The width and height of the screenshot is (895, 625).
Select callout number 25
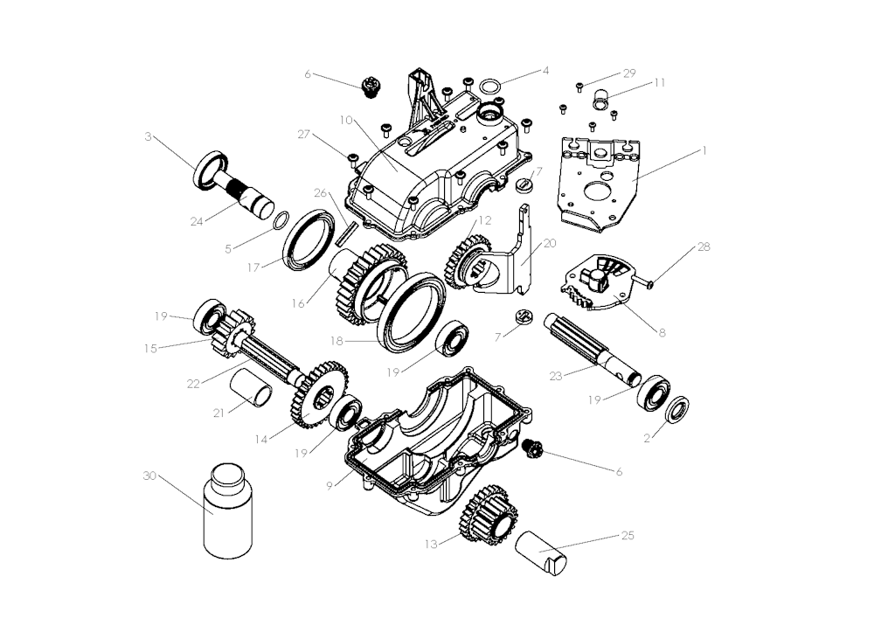pyautogui.click(x=628, y=535)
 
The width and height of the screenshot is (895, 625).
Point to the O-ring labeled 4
pyautogui.click(x=491, y=87)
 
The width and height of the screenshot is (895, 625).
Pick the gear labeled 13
pyautogui.click(x=489, y=515)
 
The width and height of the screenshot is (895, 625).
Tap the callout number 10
pyautogui.click(x=346, y=121)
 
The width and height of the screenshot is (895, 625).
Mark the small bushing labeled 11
pyautogui.click(x=600, y=99)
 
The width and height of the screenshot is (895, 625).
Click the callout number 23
pyautogui.click(x=555, y=376)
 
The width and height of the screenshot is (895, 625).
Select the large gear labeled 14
pyautogui.click(x=318, y=394)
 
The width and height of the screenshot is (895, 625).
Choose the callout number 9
pyautogui.click(x=330, y=486)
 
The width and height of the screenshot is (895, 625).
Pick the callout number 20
pyautogui.click(x=549, y=243)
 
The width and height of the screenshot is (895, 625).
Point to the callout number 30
pyautogui.click(x=149, y=476)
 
